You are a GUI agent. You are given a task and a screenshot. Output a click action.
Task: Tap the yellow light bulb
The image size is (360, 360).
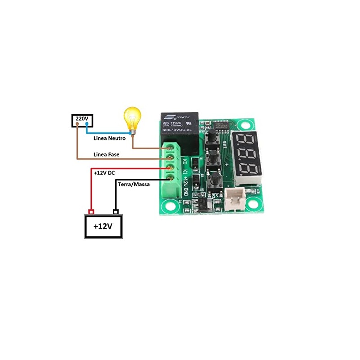pos(132,119)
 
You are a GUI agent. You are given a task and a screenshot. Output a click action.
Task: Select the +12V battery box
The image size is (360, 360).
pos(103,226)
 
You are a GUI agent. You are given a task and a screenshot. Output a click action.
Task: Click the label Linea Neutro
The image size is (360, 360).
pos(109,138)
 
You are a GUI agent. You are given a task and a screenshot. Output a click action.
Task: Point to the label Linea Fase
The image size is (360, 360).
pos(106,154)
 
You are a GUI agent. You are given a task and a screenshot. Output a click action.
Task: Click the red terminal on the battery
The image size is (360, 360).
pos(91,211)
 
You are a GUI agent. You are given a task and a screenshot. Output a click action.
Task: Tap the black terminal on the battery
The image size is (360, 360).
pos(116,211)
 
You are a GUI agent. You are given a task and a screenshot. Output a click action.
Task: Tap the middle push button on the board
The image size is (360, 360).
pos(213,159)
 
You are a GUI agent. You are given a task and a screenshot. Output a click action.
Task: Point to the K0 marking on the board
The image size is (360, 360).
pos(185,161)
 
